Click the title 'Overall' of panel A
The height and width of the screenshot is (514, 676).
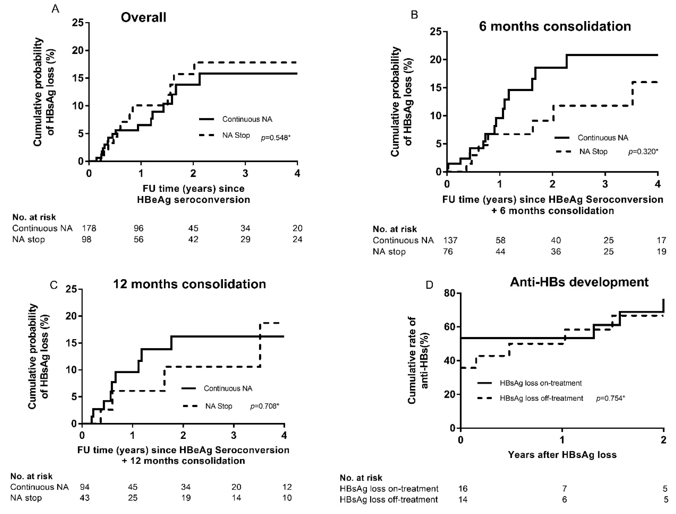click(143, 17)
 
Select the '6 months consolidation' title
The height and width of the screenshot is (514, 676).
click(555, 26)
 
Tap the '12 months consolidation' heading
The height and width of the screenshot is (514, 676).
click(190, 284)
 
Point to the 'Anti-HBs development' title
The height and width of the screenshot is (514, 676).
click(579, 282)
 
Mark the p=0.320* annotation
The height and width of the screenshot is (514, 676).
click(643, 152)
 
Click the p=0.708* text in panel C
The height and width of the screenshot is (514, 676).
click(265, 406)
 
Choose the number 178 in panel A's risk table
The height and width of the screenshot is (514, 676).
click(89, 228)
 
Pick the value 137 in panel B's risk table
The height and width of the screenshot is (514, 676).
click(450, 241)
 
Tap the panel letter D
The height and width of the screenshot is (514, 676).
click(430, 285)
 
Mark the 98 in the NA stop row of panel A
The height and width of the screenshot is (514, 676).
click(86, 239)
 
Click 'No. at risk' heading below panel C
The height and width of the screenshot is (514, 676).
click(31, 476)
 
